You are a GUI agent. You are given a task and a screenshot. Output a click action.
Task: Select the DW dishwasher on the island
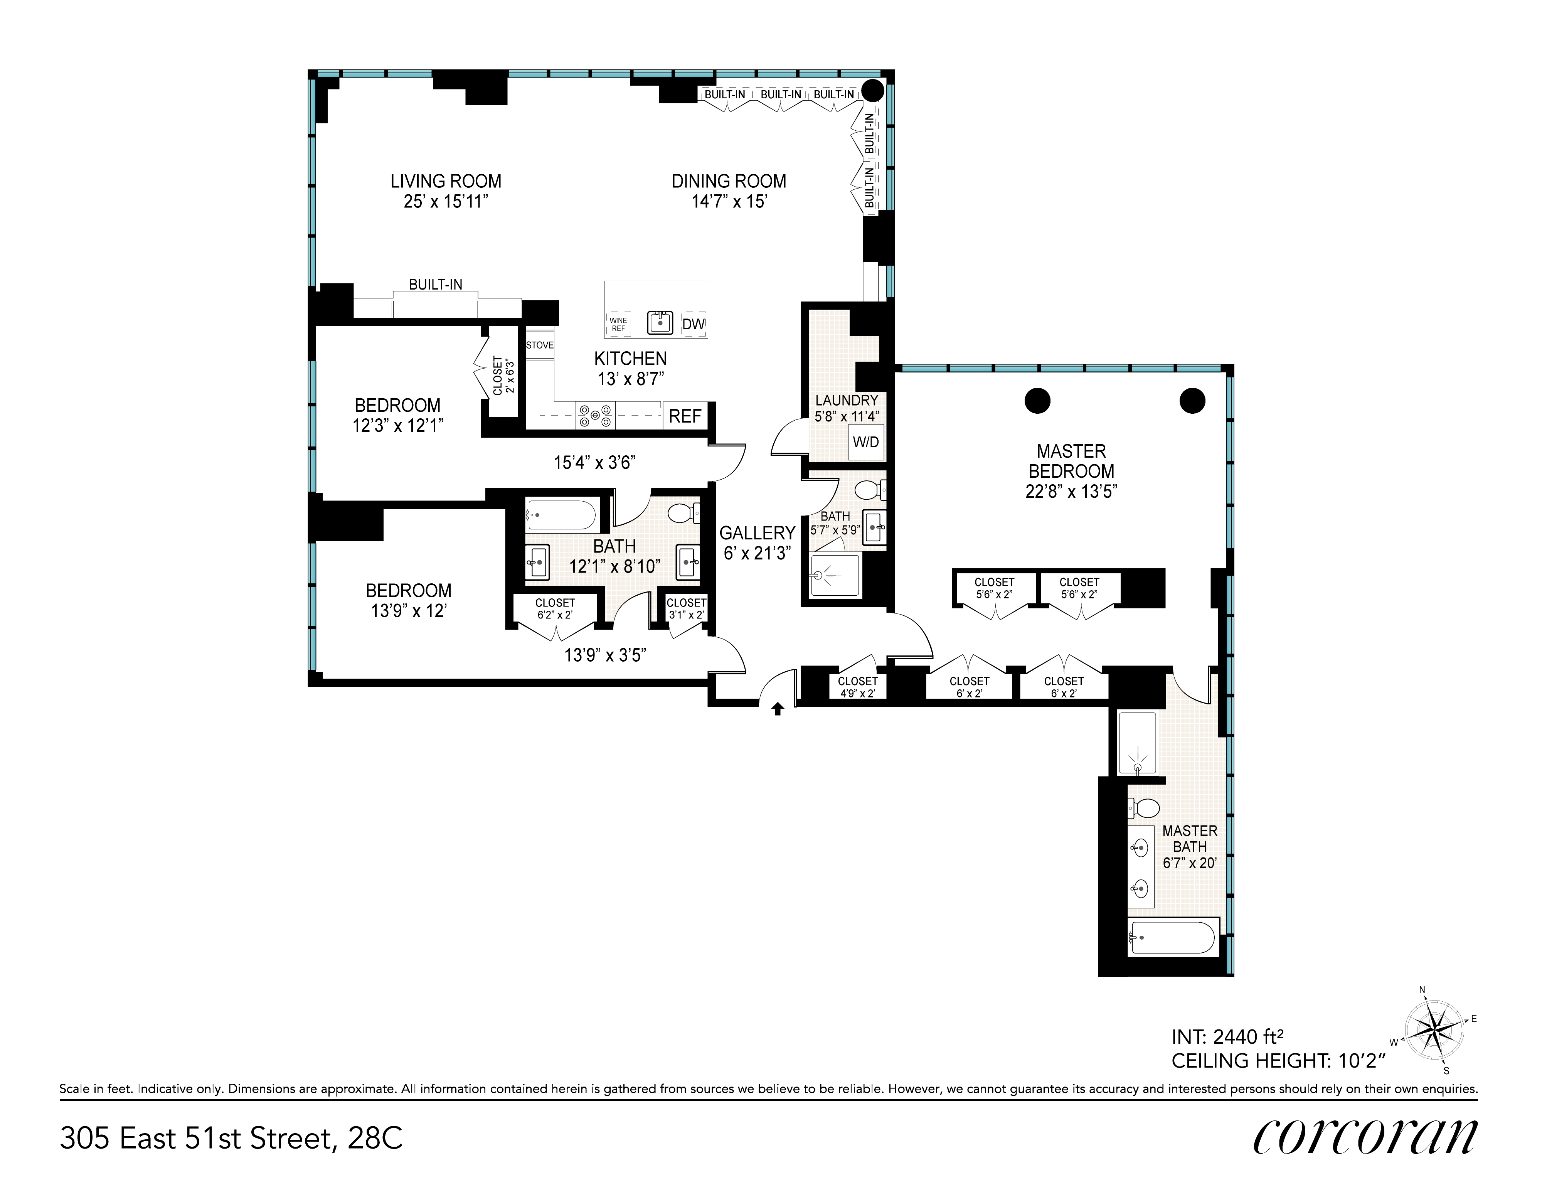[x=694, y=324]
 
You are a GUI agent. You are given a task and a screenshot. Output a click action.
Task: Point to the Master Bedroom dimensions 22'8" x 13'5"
[x=1071, y=491]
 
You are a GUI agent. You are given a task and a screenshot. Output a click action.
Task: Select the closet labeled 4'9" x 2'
[x=857, y=686]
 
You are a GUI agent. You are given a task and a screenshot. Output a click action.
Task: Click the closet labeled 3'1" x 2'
[x=686, y=608]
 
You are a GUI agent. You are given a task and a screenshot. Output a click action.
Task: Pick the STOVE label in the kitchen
[x=539, y=345]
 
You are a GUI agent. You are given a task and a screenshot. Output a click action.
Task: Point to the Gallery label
[x=757, y=533]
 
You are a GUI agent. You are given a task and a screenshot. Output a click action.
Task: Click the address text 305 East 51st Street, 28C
[x=232, y=1138]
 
